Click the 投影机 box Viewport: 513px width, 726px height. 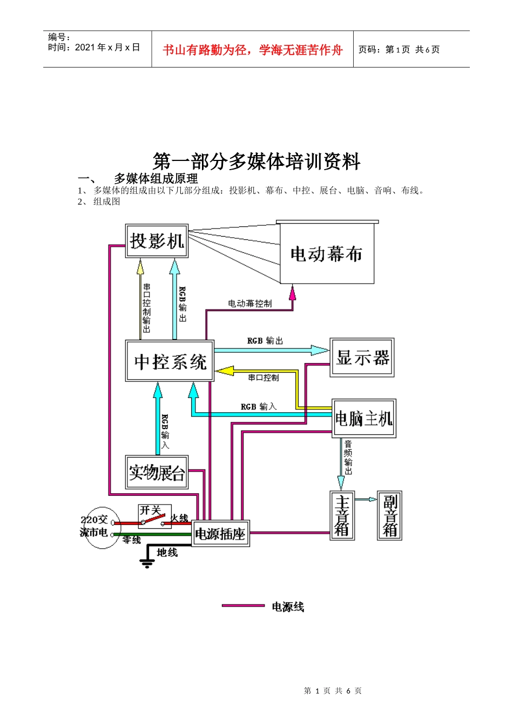(157, 241)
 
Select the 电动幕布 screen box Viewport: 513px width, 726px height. (327, 253)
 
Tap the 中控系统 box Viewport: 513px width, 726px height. (170, 361)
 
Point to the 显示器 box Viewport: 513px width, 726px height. (362, 358)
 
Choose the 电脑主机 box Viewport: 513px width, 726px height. (364, 419)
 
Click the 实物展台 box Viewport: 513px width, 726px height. (157, 472)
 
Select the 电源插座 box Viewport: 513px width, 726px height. (220, 534)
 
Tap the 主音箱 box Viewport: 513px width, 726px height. (342, 516)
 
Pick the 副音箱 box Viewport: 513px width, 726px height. (389, 516)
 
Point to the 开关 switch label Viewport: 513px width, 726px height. (150, 510)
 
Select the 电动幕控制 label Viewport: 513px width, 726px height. (249, 304)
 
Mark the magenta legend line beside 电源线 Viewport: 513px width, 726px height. (243, 606)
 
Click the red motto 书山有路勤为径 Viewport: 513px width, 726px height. (252, 50)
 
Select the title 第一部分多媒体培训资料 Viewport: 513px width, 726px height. (256, 161)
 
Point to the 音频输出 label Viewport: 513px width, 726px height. (348, 457)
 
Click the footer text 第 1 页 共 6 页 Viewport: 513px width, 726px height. (333, 690)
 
